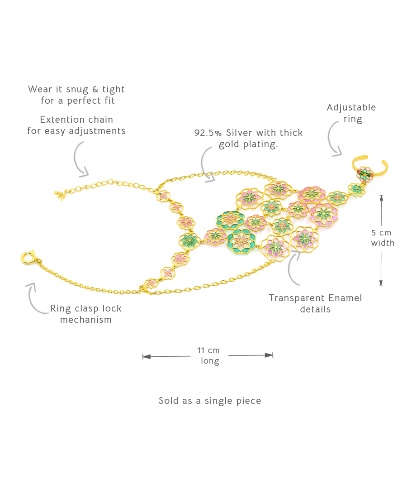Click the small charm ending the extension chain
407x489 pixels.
pos(60,195)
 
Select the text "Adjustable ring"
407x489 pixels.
pos(351,113)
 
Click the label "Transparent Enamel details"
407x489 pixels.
pos(315,303)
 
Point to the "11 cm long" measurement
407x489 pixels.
pos(209,355)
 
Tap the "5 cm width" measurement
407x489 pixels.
pos(383,238)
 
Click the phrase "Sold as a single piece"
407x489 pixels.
pos(210,401)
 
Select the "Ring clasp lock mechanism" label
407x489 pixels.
pos(86,314)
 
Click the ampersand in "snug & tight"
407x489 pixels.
pos(95,89)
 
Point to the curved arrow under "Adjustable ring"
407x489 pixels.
pos(333,141)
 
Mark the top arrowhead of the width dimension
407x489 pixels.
pos(381,198)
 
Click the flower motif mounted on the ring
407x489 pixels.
pos(364,173)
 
